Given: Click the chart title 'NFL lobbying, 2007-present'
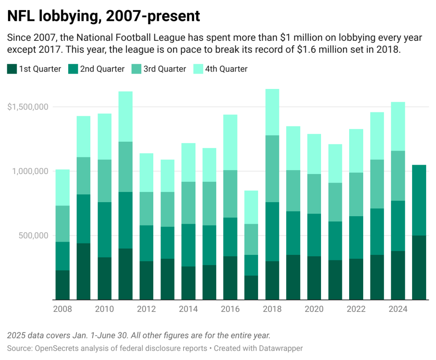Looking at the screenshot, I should (x=103, y=16).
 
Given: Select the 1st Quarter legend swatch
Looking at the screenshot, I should (x=12, y=69).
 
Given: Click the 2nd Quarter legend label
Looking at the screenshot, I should (x=102, y=69).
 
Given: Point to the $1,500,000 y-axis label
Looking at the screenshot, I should (x=27, y=107).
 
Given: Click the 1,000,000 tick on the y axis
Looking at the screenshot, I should (x=30, y=171).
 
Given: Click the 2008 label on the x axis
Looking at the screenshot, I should (x=62, y=309).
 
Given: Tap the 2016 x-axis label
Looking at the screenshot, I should (x=230, y=309).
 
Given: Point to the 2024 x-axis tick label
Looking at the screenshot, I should (x=398, y=309).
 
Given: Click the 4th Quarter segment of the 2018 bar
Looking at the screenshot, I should (x=272, y=112).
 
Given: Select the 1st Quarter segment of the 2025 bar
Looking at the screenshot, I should (x=419, y=267).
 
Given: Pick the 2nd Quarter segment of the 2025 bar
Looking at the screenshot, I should (x=419, y=200).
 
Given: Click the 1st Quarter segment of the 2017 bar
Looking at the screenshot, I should (x=251, y=287).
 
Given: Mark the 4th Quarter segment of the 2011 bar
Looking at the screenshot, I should (x=125, y=116).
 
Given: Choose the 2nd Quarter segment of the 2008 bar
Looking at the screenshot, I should (x=62, y=256).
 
